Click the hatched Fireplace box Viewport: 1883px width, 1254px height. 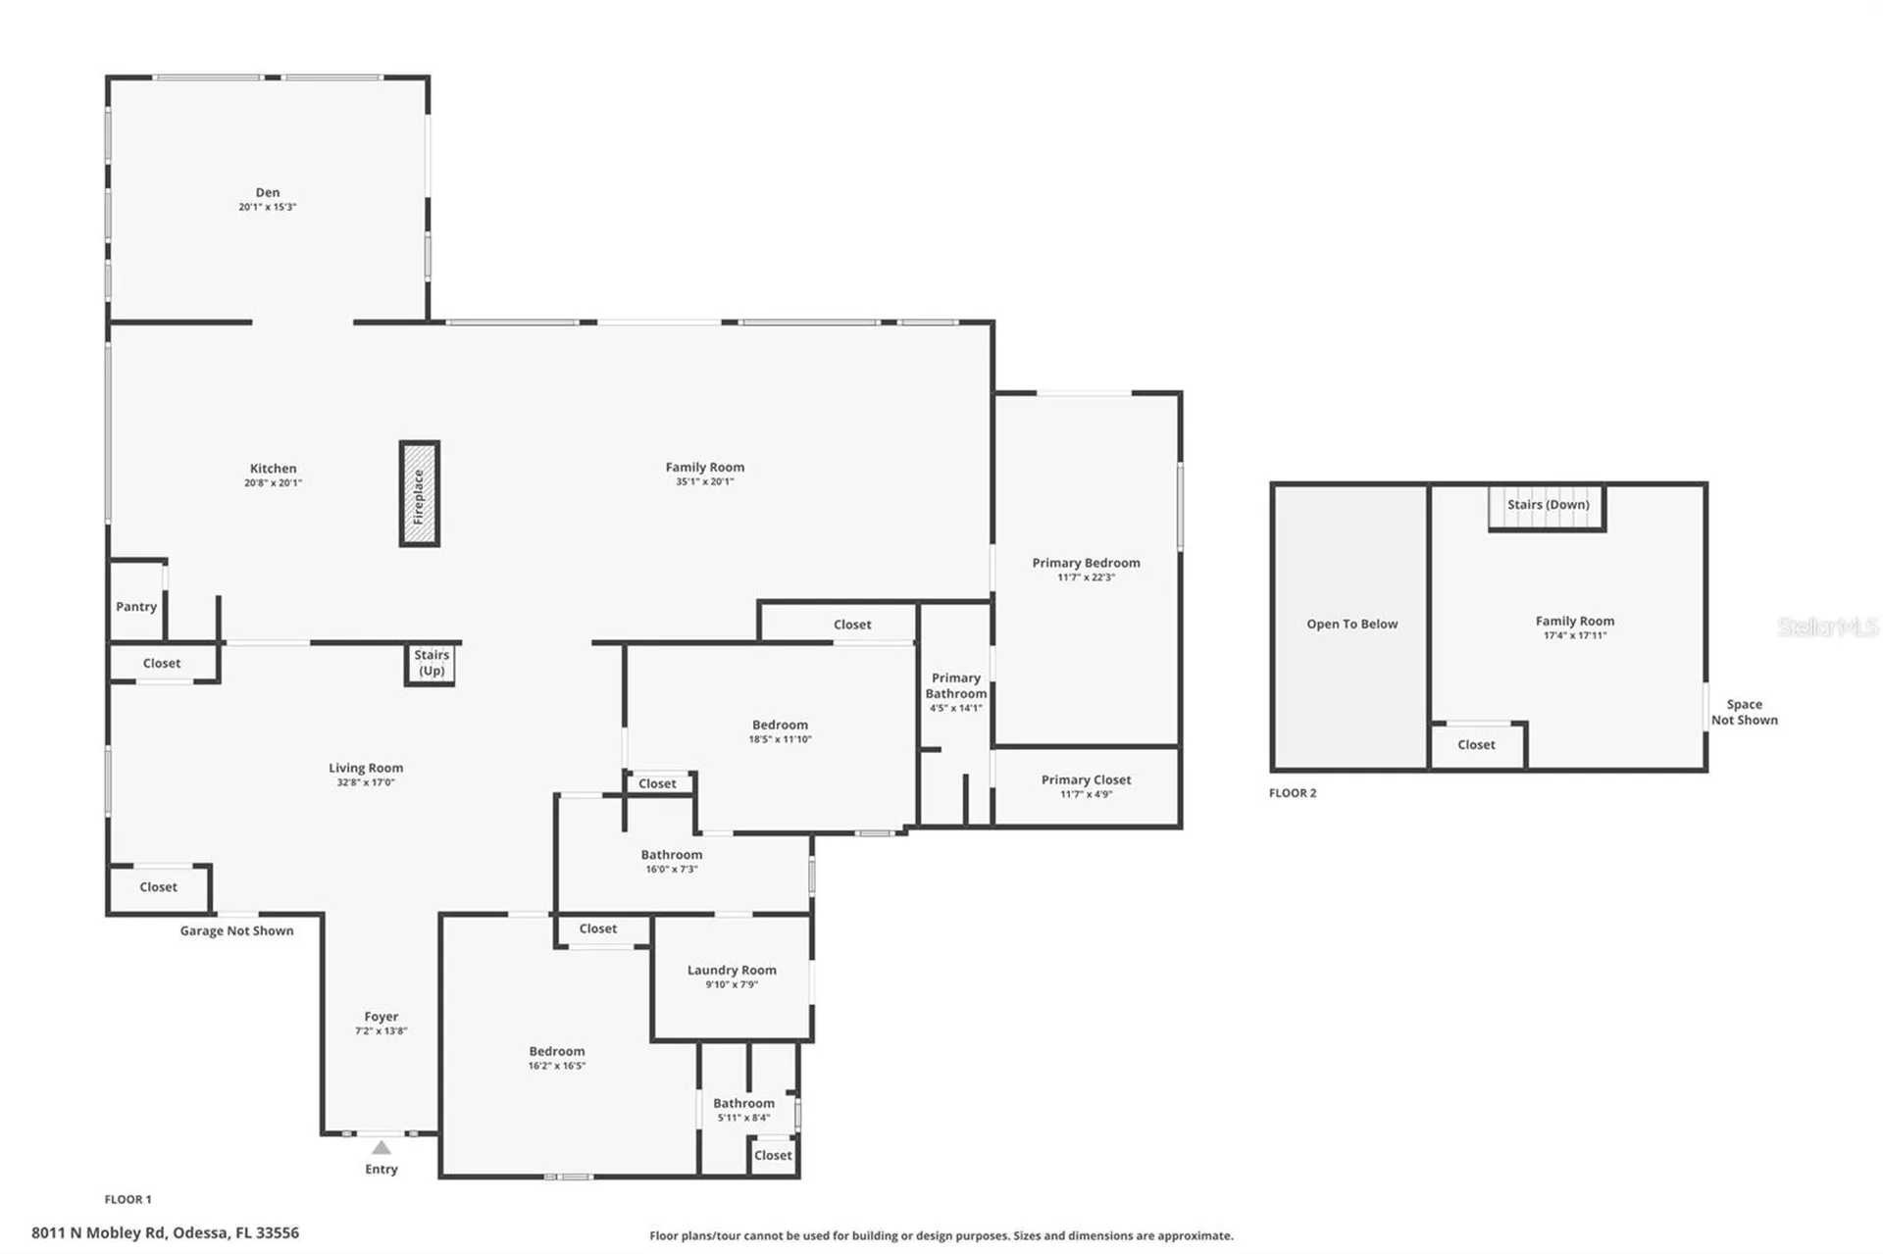pyautogui.click(x=419, y=493)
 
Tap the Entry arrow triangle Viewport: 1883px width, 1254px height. pyautogui.click(x=382, y=1147)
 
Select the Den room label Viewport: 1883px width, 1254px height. pyautogui.click(x=268, y=192)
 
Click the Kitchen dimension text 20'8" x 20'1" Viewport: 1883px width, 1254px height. pyautogui.click(x=273, y=482)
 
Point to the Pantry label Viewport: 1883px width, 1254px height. pyautogui.click(x=136, y=607)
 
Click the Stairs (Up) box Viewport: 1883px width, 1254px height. pyautogui.click(x=431, y=664)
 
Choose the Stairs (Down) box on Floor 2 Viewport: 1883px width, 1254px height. pyautogui.click(x=1548, y=507)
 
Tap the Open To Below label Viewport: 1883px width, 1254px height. pyautogui.click(x=1351, y=624)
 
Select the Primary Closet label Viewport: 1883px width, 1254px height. pyautogui.click(x=1086, y=779)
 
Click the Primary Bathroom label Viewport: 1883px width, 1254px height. pyautogui.click(x=956, y=685)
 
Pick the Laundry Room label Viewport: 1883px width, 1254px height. pyautogui.click(x=732, y=970)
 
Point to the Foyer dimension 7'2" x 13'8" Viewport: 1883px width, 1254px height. pyautogui.click(x=382, y=1030)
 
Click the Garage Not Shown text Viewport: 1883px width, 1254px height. pyautogui.click(x=236, y=930)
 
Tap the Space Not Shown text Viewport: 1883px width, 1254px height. pyautogui.click(x=1745, y=712)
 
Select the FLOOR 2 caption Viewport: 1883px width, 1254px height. pyautogui.click(x=1293, y=793)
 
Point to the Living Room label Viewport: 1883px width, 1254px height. pyautogui.click(x=366, y=768)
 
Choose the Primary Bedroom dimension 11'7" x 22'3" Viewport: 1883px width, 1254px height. pyautogui.click(x=1086, y=577)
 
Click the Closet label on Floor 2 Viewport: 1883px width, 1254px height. pyautogui.click(x=1476, y=745)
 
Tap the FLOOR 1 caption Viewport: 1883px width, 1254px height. pyautogui.click(x=128, y=1199)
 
